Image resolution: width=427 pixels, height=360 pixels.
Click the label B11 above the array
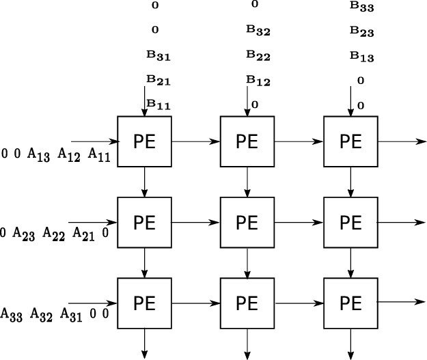(x=159, y=105)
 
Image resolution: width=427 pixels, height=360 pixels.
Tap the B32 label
(x=258, y=31)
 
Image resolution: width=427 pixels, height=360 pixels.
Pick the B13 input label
(x=361, y=57)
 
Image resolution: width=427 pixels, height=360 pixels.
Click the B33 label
(x=361, y=6)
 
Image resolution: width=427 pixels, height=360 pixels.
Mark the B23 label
(x=361, y=31)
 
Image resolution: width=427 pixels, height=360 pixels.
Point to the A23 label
(x=25, y=234)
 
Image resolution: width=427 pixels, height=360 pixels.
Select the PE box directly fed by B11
(x=145, y=141)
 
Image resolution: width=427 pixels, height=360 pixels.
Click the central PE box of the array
(x=247, y=223)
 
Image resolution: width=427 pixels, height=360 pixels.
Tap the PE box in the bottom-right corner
(x=350, y=303)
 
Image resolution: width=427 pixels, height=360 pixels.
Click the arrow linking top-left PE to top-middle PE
(x=196, y=141)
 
